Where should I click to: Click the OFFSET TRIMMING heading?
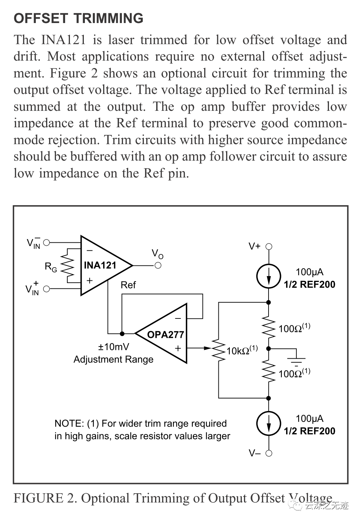pyautogui.click(x=79, y=18)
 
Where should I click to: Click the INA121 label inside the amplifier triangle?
pyautogui.click(x=100, y=265)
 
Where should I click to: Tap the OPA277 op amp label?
pyautogui.click(x=165, y=335)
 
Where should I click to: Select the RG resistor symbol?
pyautogui.click(x=67, y=265)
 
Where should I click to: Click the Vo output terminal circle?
pyautogui.click(x=158, y=265)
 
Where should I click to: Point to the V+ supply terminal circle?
pyautogui.click(x=269, y=246)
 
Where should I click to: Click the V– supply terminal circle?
pyautogui.click(x=269, y=453)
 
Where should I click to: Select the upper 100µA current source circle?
pyautogui.click(x=269, y=276)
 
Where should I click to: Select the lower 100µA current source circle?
pyautogui.click(x=269, y=423)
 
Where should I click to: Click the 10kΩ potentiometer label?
pyautogui.click(x=242, y=350)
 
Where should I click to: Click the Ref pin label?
pyautogui.click(x=128, y=285)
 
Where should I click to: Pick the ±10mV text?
pyautogui.click(x=113, y=347)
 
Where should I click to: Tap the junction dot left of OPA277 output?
pyautogui.click(x=122, y=333)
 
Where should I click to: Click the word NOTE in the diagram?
pyautogui.click(x=69, y=423)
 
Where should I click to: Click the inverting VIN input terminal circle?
pyautogui.click(x=46, y=243)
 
